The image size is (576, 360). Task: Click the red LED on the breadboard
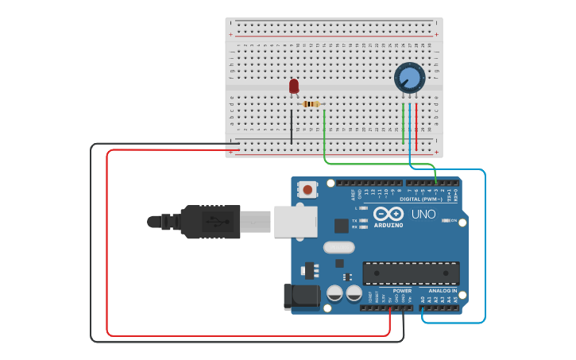(x=294, y=85)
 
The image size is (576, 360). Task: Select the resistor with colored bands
(x=311, y=104)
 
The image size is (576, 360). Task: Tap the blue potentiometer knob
(x=409, y=78)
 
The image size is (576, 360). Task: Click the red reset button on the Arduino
(x=307, y=189)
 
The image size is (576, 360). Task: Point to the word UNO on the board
(x=423, y=214)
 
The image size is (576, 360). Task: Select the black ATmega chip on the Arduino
(x=411, y=273)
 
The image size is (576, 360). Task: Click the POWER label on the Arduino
(x=402, y=291)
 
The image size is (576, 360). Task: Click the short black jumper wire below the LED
(x=292, y=126)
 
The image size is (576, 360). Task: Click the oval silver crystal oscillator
(x=338, y=247)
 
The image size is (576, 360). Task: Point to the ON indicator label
(x=453, y=220)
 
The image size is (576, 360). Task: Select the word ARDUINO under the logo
(x=389, y=225)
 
